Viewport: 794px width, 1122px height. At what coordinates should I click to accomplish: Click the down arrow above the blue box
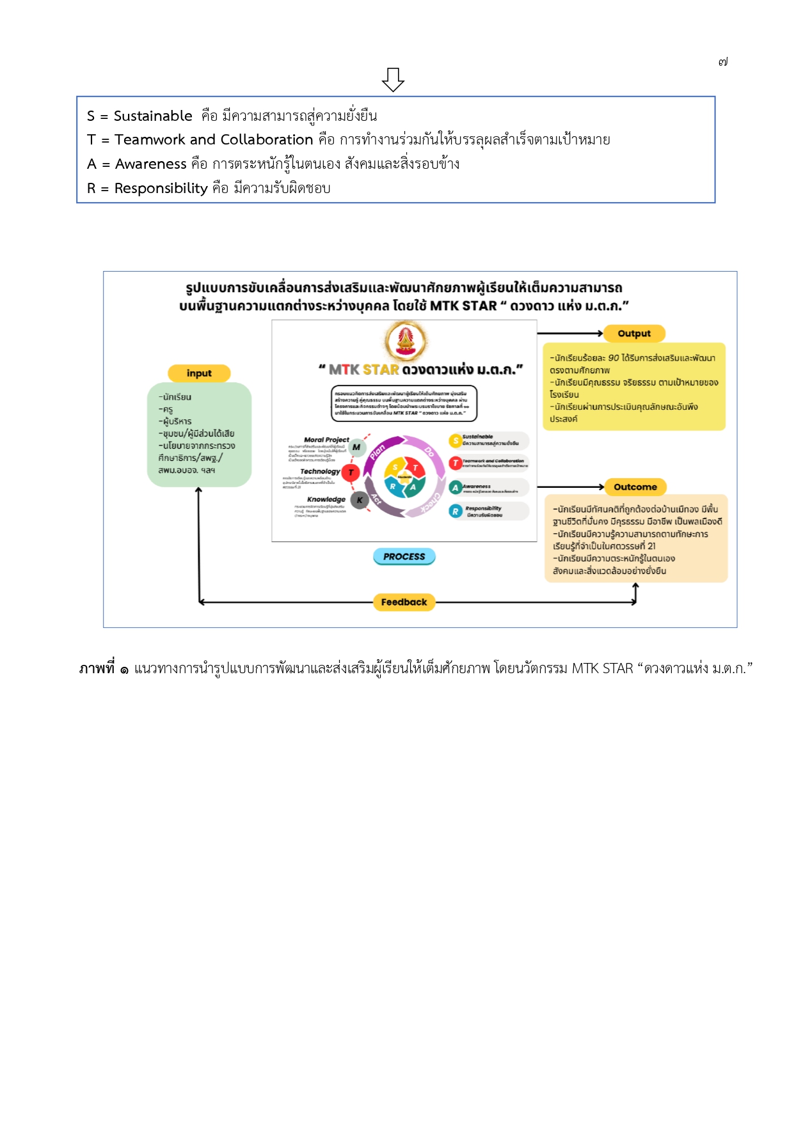393,79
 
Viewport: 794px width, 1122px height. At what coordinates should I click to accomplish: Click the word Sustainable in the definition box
153,116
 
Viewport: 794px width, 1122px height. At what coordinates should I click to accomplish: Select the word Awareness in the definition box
151,164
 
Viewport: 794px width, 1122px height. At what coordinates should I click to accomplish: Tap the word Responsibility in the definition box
161,188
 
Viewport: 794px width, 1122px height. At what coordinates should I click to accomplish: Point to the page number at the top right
723,62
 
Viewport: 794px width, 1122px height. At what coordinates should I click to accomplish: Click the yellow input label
199,373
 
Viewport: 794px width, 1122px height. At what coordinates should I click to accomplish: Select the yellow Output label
634,333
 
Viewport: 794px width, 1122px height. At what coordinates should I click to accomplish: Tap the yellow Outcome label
635,487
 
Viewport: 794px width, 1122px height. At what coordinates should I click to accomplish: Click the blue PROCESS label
404,556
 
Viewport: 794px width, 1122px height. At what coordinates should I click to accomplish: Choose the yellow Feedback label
404,602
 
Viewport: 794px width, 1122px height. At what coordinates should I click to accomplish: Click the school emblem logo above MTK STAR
406,340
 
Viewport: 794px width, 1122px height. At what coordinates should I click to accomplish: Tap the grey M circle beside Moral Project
356,448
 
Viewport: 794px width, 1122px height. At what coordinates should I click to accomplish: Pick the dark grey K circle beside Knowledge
360,500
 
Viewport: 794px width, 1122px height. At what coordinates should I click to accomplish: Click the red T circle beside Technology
351,472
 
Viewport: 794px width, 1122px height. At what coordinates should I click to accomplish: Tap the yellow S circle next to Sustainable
456,440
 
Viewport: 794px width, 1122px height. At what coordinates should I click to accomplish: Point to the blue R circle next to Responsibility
456,511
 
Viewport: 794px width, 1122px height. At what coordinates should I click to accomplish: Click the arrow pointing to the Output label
569,333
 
